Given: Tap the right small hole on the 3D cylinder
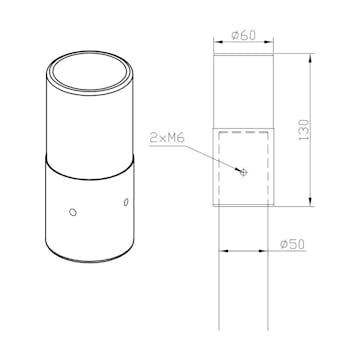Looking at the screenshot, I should tap(125, 204).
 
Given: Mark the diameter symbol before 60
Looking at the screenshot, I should tap(235, 35).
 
